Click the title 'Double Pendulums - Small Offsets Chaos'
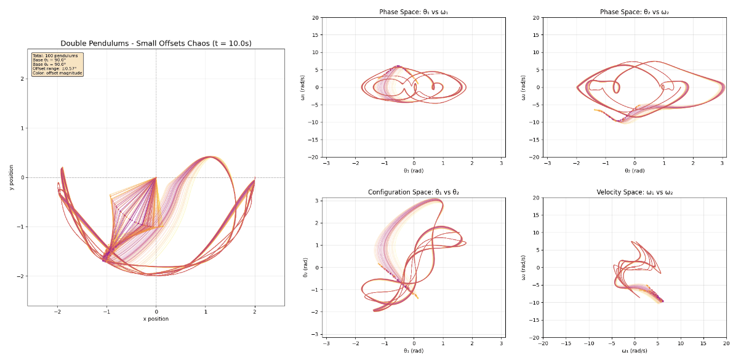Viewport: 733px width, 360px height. (156, 44)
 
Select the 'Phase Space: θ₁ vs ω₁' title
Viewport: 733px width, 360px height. (414, 12)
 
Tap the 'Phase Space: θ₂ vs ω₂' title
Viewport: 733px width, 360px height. (635, 12)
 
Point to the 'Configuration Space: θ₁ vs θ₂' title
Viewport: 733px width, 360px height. (414, 193)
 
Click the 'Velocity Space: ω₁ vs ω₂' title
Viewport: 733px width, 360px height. (635, 193)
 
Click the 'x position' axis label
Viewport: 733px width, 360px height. (156, 319)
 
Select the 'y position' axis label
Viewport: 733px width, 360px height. (11, 177)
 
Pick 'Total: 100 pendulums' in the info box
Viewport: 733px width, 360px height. (48, 55)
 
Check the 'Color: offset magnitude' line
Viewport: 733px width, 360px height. (57, 73)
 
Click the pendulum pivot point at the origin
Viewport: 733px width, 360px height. (156, 177)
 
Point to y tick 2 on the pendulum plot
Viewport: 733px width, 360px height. (22, 79)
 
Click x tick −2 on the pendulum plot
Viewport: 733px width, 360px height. (57, 311)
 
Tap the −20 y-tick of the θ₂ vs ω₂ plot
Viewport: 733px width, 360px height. (535, 157)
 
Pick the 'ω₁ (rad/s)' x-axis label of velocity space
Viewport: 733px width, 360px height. (635, 351)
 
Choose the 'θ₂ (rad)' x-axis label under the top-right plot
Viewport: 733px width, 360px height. (635, 170)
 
